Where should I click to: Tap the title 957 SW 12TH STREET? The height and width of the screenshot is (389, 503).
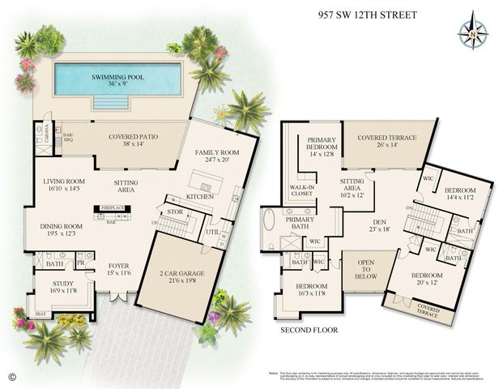point(366,14)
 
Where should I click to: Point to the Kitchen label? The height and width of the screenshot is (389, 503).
point(199,197)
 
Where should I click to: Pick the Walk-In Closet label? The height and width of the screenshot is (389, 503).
point(302,191)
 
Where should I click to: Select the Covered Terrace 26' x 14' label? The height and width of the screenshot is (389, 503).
point(382,142)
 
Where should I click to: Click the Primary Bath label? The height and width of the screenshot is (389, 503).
point(299,223)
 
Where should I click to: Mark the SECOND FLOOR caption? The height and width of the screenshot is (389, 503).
point(309,331)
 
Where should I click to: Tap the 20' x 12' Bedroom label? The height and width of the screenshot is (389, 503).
point(427,280)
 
